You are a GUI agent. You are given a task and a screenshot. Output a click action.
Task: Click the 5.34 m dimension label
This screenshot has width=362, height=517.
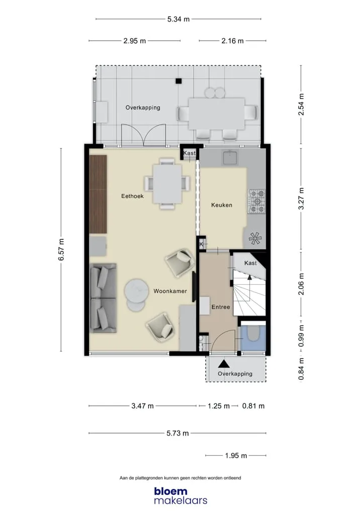click(178, 19)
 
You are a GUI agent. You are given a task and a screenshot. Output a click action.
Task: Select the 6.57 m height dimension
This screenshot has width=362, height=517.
click(61, 249)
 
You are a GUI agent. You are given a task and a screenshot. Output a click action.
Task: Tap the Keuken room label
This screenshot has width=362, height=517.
click(222, 205)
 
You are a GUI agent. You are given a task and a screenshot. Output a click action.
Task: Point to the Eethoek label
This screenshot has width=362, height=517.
click(133, 196)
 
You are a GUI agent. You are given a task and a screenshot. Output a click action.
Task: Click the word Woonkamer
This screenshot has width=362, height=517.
click(170, 291)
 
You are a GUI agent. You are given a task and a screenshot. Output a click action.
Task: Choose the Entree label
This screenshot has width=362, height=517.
click(221, 307)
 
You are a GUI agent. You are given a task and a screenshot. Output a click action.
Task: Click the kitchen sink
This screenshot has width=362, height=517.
click(230, 157)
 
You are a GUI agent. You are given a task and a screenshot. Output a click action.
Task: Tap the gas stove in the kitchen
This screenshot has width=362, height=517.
click(256, 201)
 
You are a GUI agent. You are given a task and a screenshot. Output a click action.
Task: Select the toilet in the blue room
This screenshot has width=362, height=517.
click(253, 334)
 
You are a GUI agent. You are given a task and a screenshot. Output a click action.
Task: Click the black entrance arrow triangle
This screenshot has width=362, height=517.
click(224, 363)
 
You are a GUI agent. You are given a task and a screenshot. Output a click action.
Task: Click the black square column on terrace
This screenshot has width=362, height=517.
click(178, 80)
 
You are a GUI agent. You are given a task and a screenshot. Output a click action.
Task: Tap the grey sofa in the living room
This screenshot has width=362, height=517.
click(103, 298)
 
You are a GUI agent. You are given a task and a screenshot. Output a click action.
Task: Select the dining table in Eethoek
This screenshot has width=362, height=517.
click(167, 184)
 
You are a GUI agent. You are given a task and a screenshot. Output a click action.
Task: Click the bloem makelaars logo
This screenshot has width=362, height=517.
click(180, 495)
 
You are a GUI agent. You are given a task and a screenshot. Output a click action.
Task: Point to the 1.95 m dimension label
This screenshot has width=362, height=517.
click(236, 456)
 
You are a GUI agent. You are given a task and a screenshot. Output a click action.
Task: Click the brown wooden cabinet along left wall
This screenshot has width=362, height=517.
click(98, 194)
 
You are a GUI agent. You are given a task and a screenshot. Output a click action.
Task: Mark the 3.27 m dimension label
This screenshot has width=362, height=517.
click(301, 199)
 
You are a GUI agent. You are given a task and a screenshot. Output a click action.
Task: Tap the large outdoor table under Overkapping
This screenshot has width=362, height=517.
click(217, 114)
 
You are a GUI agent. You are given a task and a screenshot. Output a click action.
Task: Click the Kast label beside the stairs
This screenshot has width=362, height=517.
click(250, 263)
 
